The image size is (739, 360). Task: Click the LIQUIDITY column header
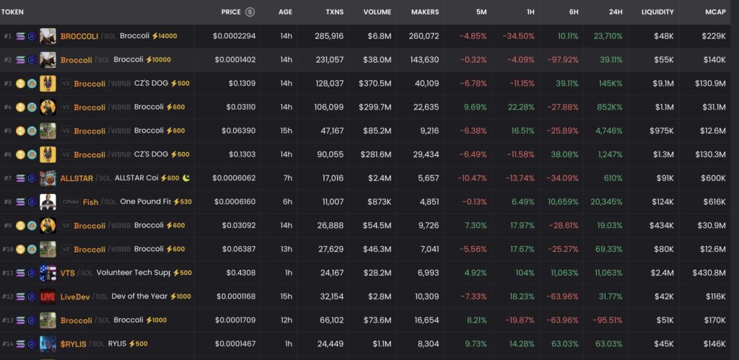pyautogui.click(x=657, y=12)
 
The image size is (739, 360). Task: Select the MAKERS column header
pyautogui.click(x=424, y=12)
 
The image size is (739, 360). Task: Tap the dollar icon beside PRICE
pyautogui.click(x=250, y=12)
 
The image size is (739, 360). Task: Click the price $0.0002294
pyautogui.click(x=234, y=36)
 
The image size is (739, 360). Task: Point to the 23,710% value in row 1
pyautogui.click(x=608, y=36)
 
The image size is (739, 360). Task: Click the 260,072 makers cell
pyautogui.click(x=423, y=36)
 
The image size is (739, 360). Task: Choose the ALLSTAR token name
pyautogui.click(x=76, y=178)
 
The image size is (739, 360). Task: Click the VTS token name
pyautogui.click(x=67, y=273)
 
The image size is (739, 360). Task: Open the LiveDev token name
pyautogui.click(x=75, y=297)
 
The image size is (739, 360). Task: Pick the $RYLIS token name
pyautogui.click(x=73, y=344)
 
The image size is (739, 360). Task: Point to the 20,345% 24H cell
pyautogui.click(x=608, y=202)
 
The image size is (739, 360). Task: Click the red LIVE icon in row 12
pyautogui.click(x=48, y=297)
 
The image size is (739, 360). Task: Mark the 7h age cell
pyautogui.click(x=287, y=178)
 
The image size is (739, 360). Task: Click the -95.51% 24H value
pyautogui.click(x=608, y=320)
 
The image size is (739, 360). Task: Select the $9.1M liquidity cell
pyautogui.click(x=662, y=84)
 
